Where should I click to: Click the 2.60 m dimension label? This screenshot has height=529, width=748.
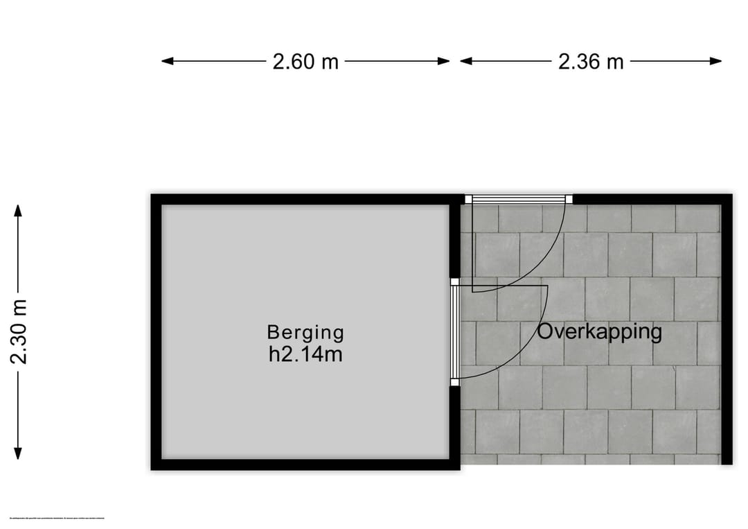(x=305, y=62)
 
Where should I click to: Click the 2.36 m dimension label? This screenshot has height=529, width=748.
(x=591, y=62)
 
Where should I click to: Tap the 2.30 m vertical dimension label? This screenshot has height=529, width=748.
(x=19, y=331)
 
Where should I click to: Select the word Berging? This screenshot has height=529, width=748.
(x=305, y=333)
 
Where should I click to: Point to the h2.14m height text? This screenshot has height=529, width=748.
(x=305, y=355)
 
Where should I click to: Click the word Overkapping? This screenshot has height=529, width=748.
(x=599, y=331)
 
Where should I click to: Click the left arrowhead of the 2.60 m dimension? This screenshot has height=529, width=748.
(x=167, y=61)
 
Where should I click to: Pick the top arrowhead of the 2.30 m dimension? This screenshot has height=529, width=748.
(x=19, y=210)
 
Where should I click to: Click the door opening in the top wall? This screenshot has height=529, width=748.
(x=518, y=199)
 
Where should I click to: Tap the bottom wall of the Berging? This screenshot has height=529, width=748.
(x=305, y=465)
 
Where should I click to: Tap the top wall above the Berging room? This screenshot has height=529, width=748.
(x=305, y=199)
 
